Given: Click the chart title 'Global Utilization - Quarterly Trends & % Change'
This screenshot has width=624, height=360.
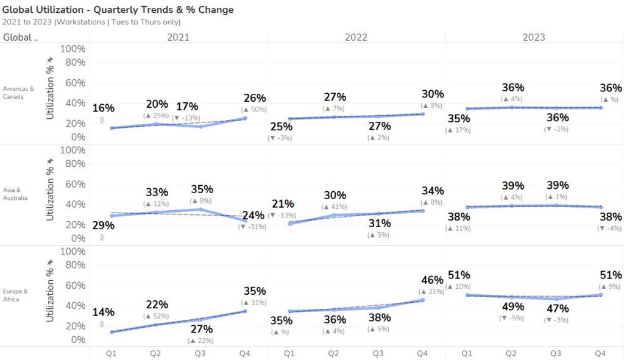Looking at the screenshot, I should click(x=118, y=10).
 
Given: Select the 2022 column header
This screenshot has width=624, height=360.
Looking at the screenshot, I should click(x=356, y=37).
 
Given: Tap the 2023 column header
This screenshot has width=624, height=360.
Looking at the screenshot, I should click(x=534, y=37).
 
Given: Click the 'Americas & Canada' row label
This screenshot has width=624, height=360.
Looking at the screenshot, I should click(x=18, y=93).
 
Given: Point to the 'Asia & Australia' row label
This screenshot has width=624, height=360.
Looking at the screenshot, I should click(x=16, y=194).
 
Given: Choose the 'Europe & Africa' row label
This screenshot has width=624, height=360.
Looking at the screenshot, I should click(x=15, y=295).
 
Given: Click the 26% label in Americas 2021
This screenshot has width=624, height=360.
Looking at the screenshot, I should click(x=254, y=98).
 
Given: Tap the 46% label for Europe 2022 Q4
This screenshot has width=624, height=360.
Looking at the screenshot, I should click(x=432, y=280).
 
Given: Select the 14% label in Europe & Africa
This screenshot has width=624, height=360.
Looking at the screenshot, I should click(x=103, y=312).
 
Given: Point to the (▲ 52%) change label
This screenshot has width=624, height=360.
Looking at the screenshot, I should click(x=157, y=316).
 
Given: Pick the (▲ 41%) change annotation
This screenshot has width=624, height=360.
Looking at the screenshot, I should click(x=335, y=207).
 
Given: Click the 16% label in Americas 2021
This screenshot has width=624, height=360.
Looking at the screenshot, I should click(x=103, y=108).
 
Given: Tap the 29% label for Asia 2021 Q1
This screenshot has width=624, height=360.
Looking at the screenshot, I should click(x=103, y=225).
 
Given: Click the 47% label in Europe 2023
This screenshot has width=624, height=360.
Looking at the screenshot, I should click(x=556, y=309).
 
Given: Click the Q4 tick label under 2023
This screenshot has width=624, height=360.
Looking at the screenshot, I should click(x=600, y=353).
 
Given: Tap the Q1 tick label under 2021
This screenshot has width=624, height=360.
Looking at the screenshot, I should click(x=112, y=353).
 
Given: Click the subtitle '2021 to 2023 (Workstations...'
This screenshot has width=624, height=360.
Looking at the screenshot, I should click(x=91, y=22).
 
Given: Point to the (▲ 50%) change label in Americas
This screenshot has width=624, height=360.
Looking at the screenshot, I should click(x=254, y=110).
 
